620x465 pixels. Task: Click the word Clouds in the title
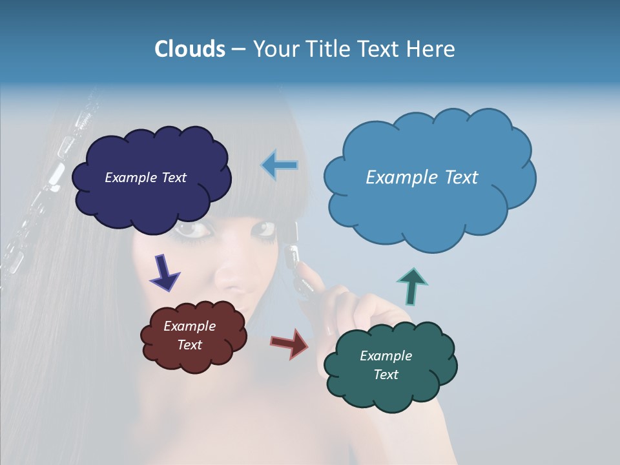coord(189,49)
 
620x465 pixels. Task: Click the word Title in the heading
coord(327,49)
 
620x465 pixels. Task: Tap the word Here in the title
coord(430,49)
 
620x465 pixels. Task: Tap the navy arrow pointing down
coord(165,273)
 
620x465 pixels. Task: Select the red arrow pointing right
coord(290,343)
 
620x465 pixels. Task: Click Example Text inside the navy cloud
coord(145,178)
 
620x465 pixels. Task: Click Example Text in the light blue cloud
coord(422,178)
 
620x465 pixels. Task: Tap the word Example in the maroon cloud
coord(189,326)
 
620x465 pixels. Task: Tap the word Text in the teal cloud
coord(386,375)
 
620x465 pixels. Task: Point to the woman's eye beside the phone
coord(265,229)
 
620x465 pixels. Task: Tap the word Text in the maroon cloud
coord(189,345)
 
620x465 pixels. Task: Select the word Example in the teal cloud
coord(386,356)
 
